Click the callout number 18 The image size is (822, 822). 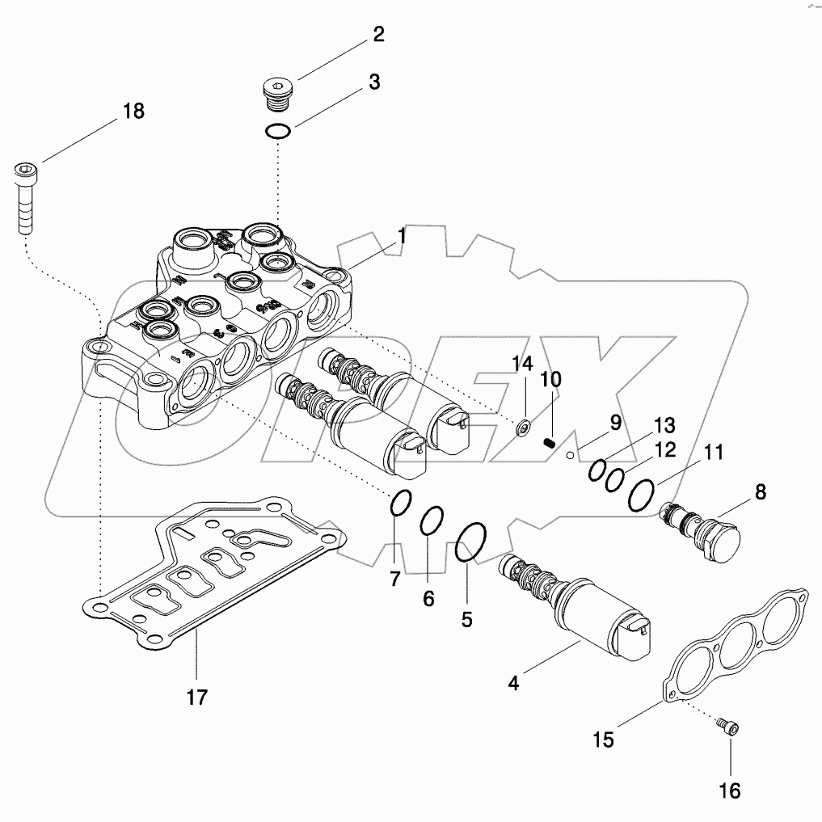click(134, 111)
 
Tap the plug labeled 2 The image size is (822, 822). click(278, 95)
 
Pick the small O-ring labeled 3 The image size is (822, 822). click(277, 132)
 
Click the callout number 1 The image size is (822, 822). click(401, 236)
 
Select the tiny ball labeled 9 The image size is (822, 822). click(570, 455)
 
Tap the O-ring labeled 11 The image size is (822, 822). click(641, 494)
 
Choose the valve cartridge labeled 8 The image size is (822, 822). click(700, 534)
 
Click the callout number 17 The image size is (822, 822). click(197, 696)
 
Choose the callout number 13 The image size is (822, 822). click(664, 425)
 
